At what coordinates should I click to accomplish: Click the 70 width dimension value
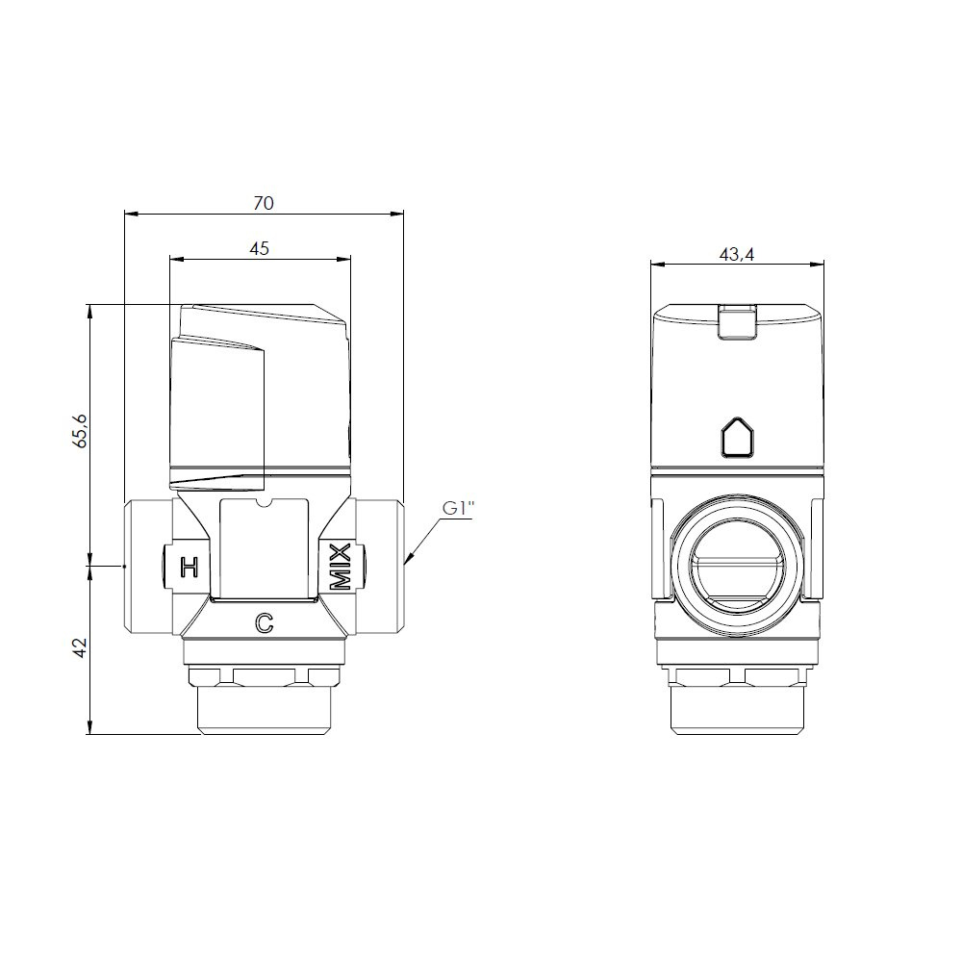click(264, 202)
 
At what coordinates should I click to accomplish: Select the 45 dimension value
click(260, 248)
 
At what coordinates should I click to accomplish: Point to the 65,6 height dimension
click(80, 431)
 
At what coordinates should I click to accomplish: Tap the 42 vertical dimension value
click(81, 648)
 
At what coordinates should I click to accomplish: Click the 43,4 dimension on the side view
click(737, 254)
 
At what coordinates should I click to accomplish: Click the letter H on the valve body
click(190, 567)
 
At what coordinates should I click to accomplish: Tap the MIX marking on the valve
click(341, 567)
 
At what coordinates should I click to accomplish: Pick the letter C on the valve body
click(264, 623)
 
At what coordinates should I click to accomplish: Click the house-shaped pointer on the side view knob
click(738, 437)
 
